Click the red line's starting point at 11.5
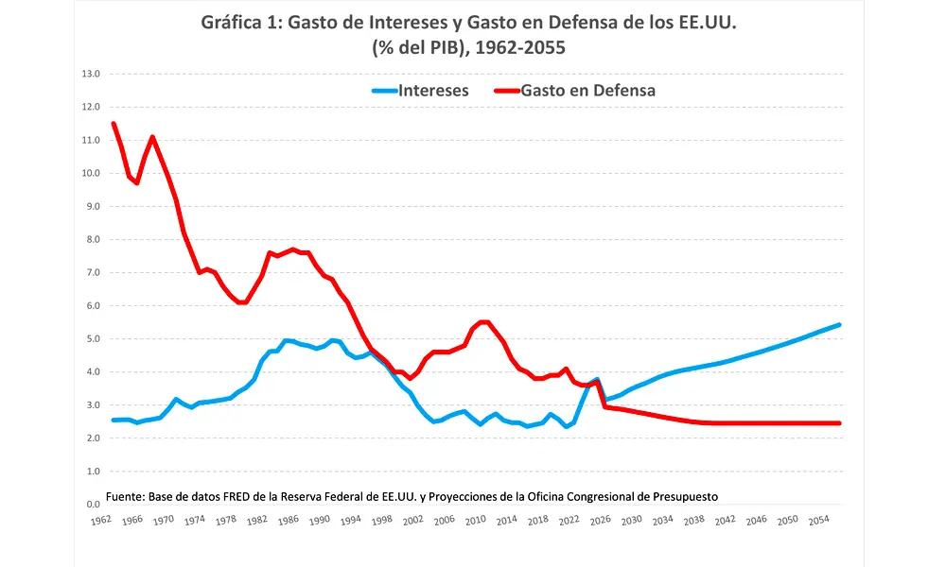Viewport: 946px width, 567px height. click(x=114, y=124)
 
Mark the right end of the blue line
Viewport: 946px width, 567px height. click(x=839, y=325)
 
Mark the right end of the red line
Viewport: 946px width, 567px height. click(x=839, y=423)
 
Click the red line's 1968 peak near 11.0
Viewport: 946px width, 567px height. click(x=152, y=137)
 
